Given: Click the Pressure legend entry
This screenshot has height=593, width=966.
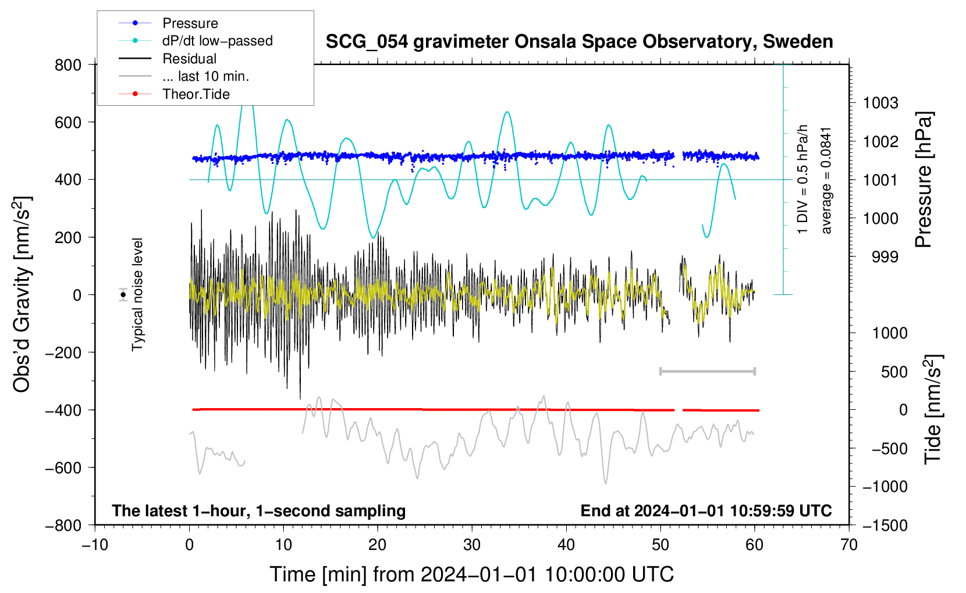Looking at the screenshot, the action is click(x=168, y=23).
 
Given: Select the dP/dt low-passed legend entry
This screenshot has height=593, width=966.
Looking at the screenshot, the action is click(x=196, y=41).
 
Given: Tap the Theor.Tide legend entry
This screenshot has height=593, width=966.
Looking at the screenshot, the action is click(x=174, y=94).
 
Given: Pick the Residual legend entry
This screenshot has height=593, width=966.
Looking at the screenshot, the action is click(x=168, y=59).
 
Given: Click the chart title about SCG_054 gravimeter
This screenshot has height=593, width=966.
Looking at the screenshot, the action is click(x=579, y=41).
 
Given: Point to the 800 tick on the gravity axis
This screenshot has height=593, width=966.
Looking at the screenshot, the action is click(x=68, y=65).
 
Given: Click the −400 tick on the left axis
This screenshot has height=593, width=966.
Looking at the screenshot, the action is click(x=63, y=410).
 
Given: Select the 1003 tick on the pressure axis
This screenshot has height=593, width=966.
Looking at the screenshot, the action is click(x=880, y=103).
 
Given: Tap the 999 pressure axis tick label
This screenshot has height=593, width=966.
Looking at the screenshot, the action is click(x=885, y=257).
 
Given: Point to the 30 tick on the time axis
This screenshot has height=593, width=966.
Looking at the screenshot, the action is click(x=472, y=545).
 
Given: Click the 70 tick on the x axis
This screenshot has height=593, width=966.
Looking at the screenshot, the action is click(x=848, y=545).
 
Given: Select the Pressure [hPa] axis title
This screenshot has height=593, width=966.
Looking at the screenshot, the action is click(x=924, y=180).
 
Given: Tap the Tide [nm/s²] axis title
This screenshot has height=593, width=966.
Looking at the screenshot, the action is click(x=933, y=409).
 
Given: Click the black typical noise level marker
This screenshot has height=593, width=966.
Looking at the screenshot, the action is click(x=123, y=295).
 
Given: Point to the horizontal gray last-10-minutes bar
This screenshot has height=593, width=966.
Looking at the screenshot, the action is click(x=707, y=371).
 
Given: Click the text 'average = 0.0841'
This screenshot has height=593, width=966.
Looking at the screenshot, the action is click(x=826, y=181).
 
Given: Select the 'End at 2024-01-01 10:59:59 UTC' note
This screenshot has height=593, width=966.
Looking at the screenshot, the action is click(x=706, y=510).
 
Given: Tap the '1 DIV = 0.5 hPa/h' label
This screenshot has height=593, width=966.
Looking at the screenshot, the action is click(x=802, y=179).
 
